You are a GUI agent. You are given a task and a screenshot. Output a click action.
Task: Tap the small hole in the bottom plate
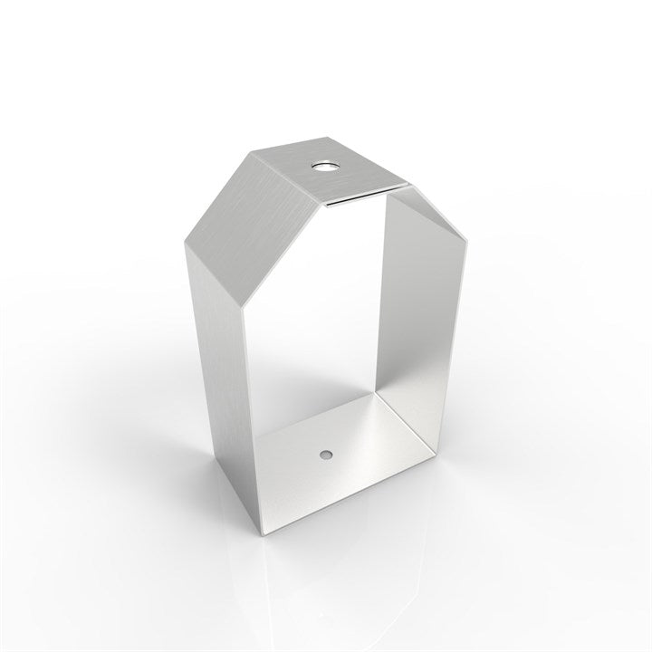(325, 450)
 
